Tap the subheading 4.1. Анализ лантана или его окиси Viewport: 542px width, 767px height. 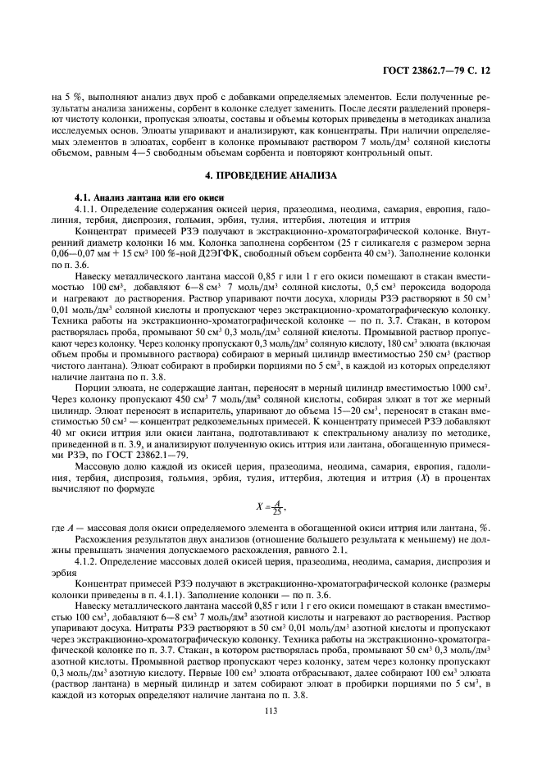(x=143, y=197)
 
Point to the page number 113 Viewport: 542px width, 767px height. (x=271, y=710)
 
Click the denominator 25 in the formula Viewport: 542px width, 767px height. (x=277, y=510)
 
